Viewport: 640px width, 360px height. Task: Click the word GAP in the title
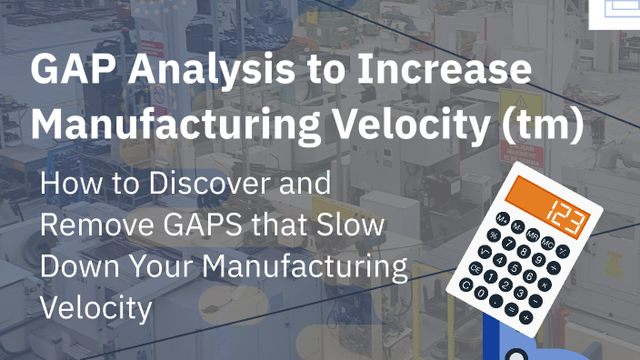66,70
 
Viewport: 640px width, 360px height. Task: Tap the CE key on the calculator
475,268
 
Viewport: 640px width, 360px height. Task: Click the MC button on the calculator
547,245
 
